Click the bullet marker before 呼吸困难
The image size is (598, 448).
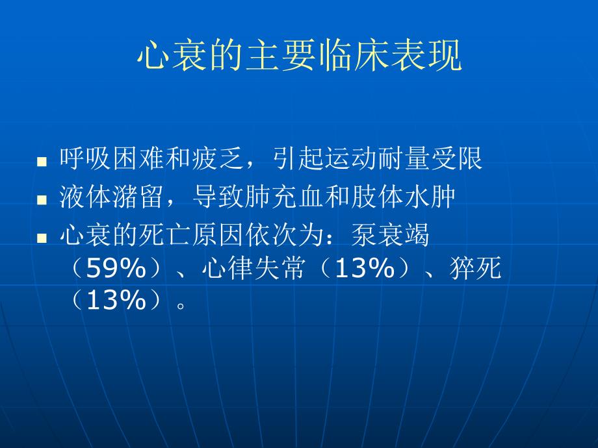pos(42,161)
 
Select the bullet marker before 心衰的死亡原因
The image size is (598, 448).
pos(42,239)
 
